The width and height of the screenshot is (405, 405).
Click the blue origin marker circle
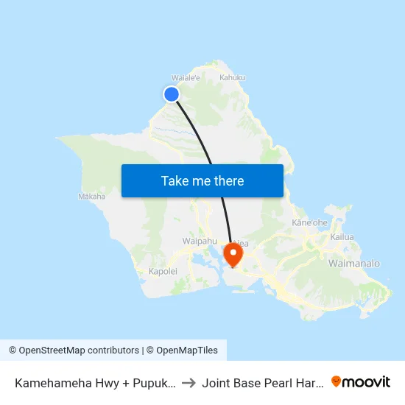click(x=172, y=94)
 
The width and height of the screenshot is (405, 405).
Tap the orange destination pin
click(x=233, y=253)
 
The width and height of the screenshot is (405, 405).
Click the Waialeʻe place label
click(x=186, y=77)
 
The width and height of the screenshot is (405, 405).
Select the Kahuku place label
click(x=232, y=77)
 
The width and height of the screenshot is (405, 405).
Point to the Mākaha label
click(x=91, y=197)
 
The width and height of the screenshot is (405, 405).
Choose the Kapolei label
click(x=163, y=272)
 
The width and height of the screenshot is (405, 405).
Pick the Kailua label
click(x=342, y=237)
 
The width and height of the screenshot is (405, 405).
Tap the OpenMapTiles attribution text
click(x=186, y=351)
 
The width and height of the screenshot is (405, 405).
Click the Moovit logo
click(x=361, y=381)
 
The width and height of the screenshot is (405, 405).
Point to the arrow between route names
click(x=188, y=382)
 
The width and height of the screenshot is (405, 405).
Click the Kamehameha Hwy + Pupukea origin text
click(x=95, y=382)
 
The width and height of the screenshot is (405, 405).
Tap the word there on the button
click(x=228, y=180)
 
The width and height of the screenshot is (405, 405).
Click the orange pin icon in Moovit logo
click(x=337, y=381)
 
